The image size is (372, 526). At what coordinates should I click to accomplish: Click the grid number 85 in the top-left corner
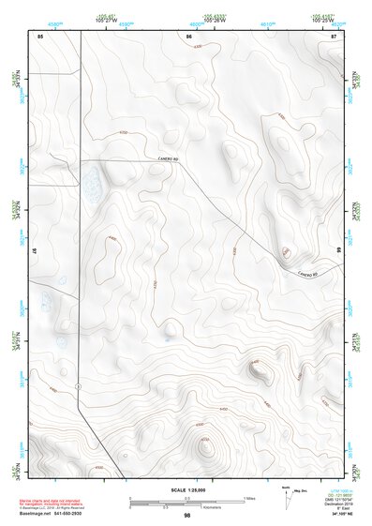click(x=40, y=37)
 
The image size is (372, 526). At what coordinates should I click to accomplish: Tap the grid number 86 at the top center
click(x=188, y=37)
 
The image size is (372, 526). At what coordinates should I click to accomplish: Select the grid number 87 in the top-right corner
click(x=334, y=37)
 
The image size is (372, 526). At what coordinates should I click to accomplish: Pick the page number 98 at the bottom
click(x=187, y=516)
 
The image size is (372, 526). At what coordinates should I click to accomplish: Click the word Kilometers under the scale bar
click(x=225, y=505)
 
